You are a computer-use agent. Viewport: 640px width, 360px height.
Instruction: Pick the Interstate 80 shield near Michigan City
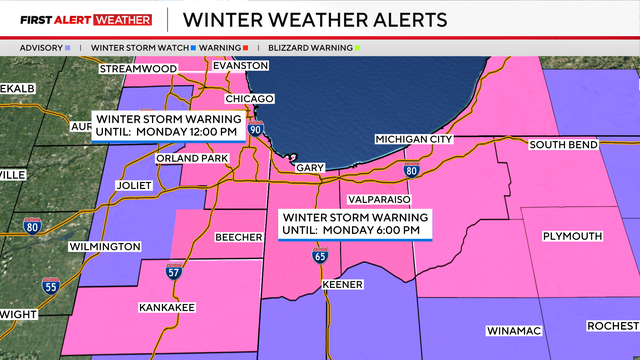pyautogui.click(x=411, y=171)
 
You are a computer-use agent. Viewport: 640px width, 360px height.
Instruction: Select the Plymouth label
pyautogui.click(x=572, y=236)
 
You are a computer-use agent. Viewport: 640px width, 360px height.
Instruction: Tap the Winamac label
pyautogui.click(x=513, y=330)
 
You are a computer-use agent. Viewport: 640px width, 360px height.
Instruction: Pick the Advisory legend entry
pyautogui.click(x=44, y=47)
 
